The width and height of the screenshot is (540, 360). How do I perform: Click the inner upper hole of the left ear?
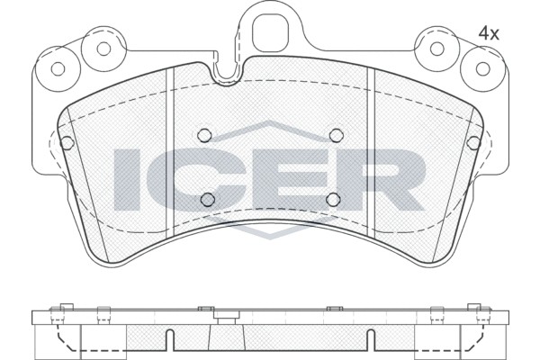point(103,47)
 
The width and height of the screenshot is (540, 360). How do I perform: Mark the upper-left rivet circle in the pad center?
point(204,135)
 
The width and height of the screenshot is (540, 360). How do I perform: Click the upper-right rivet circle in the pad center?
point(336,135)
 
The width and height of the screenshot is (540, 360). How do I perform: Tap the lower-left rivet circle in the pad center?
point(207,199)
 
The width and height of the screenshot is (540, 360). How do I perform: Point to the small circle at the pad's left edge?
point(66,141)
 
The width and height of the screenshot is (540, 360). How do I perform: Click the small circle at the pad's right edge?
point(473,141)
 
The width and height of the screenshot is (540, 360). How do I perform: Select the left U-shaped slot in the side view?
point(169,340)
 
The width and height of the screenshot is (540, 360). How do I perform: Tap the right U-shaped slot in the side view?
point(370,340)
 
